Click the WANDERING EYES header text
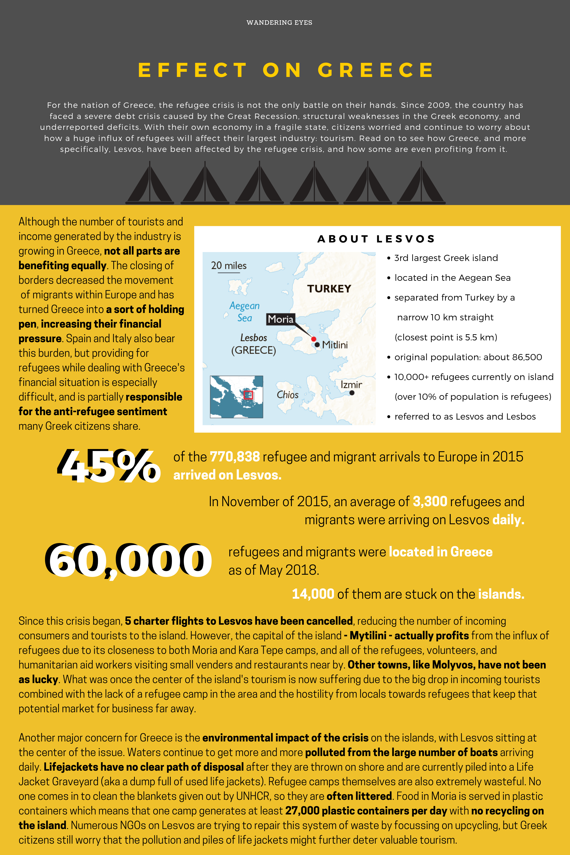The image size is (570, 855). [279, 23]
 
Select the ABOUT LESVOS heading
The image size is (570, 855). [376, 239]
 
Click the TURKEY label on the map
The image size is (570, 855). [329, 289]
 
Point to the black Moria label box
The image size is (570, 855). [280, 319]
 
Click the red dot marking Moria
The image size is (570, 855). [314, 339]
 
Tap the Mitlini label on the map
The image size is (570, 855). [335, 345]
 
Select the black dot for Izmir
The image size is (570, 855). [352, 393]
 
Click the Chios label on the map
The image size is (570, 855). [287, 395]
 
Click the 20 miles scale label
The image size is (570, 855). [229, 266]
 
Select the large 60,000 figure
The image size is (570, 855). [128, 560]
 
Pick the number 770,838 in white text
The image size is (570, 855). [235, 457]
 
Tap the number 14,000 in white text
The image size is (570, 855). [313, 594]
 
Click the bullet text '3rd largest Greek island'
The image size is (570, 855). [446, 258]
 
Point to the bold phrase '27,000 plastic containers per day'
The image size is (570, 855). [366, 811]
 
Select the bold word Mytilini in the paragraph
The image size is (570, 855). [368, 635]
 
